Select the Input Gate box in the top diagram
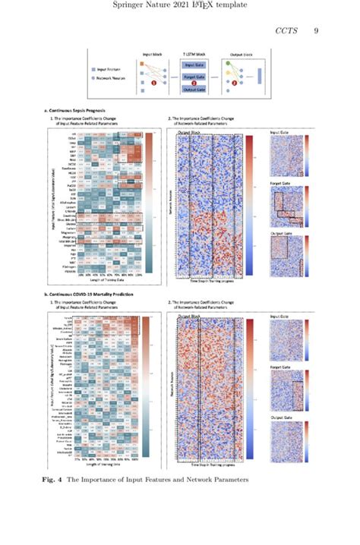click(195, 65)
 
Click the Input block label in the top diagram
click(154, 55)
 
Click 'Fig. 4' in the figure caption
click(52, 480)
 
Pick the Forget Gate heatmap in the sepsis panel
click(286, 204)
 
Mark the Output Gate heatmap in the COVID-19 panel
click(286, 436)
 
